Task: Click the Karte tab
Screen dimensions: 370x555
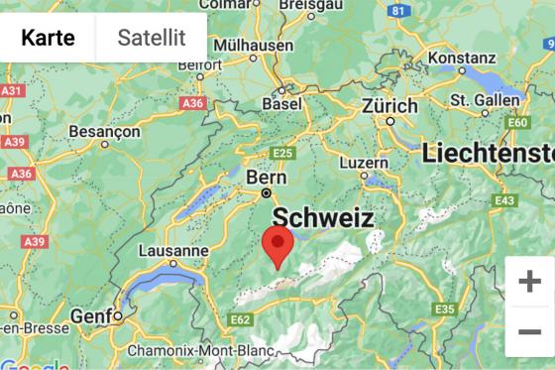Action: tap(48, 38)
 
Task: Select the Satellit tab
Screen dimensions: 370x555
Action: tap(151, 38)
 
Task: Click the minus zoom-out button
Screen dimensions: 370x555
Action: tap(529, 331)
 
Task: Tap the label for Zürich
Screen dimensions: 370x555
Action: tap(390, 105)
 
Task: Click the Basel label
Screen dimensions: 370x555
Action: tap(281, 104)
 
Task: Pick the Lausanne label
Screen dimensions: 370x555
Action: tap(173, 251)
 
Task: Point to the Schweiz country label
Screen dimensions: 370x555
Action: tap(322, 218)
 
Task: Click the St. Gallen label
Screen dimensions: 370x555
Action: tap(484, 100)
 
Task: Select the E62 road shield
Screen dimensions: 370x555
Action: tap(239, 320)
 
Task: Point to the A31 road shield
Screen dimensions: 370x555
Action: tap(11, 90)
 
